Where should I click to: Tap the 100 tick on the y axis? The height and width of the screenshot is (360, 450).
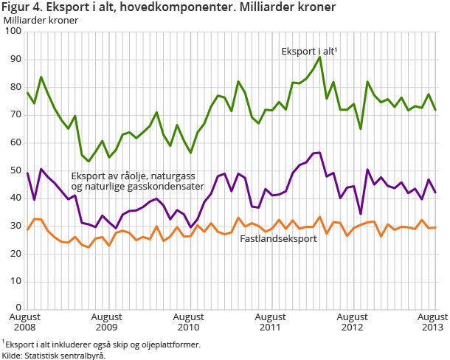coord(13,32)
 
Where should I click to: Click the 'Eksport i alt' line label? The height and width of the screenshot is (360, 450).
coord(309,52)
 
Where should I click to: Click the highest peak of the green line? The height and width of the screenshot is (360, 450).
coord(319,57)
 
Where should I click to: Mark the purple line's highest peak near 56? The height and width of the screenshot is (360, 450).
coord(319,153)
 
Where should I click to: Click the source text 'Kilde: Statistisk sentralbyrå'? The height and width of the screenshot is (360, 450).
coord(53,355)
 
